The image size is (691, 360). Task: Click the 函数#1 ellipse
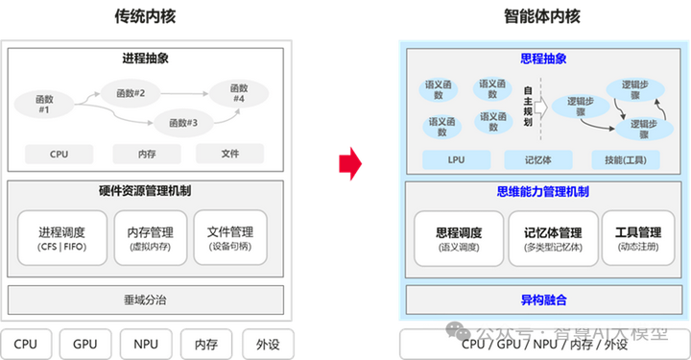44,104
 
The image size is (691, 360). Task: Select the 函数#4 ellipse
239,93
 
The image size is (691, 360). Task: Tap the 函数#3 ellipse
183,122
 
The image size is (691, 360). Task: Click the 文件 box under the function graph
230,154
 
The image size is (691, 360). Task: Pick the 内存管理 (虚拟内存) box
150,238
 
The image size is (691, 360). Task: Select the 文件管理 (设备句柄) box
229,238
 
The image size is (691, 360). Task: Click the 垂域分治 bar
145,299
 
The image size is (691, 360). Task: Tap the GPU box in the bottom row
85,344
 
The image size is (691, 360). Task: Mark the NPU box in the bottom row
145,344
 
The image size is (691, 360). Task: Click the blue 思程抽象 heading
543,59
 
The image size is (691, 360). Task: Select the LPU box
456,159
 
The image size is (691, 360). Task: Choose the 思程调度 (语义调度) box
459,239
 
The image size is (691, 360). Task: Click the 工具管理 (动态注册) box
636,239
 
